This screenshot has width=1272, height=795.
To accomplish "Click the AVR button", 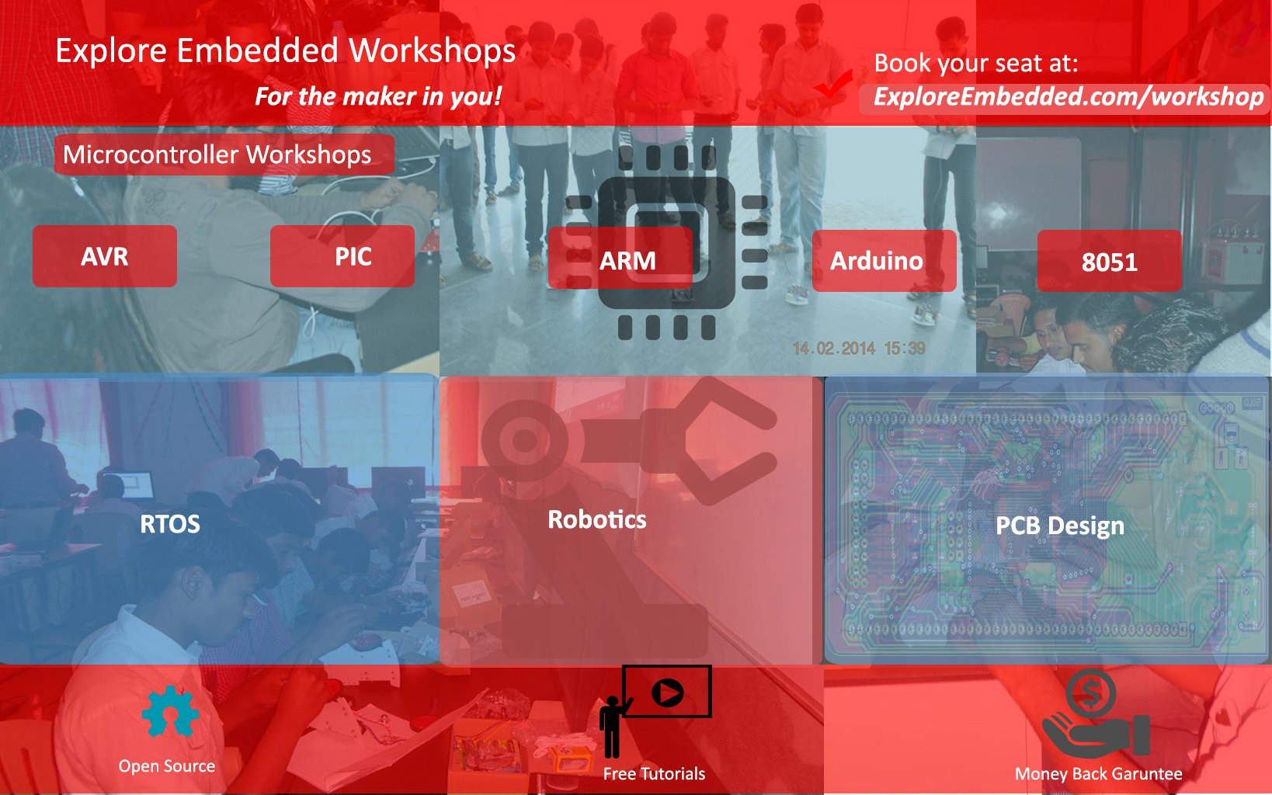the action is tap(105, 256).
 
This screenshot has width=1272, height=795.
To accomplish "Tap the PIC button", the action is tap(342, 256).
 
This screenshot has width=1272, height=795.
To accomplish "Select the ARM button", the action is tap(620, 259).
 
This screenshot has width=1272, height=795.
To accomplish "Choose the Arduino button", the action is tap(884, 261).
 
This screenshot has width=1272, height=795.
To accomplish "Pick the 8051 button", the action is tap(1110, 261).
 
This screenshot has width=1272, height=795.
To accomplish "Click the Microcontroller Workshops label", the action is tap(224, 154).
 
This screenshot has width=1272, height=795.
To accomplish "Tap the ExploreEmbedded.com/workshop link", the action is tap(1068, 97).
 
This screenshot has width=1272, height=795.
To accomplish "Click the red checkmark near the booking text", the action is tap(833, 85).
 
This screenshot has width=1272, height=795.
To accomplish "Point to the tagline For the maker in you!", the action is tap(378, 96).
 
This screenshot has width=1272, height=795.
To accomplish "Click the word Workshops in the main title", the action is tap(432, 50).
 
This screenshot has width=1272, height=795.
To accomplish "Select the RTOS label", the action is tap(170, 524).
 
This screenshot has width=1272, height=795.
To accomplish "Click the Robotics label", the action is tap(597, 519).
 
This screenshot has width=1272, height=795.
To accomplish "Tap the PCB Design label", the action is tap(1060, 526).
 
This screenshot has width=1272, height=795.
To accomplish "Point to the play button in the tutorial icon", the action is tap(667, 693).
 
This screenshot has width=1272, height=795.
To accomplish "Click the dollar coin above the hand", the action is tap(1090, 693).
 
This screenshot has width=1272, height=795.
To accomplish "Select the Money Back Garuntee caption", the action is tap(1098, 774).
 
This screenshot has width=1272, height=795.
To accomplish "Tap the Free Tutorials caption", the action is tap(654, 774).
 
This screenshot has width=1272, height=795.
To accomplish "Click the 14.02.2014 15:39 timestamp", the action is tap(859, 348).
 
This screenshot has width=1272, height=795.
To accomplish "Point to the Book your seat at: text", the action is tap(975, 63).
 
